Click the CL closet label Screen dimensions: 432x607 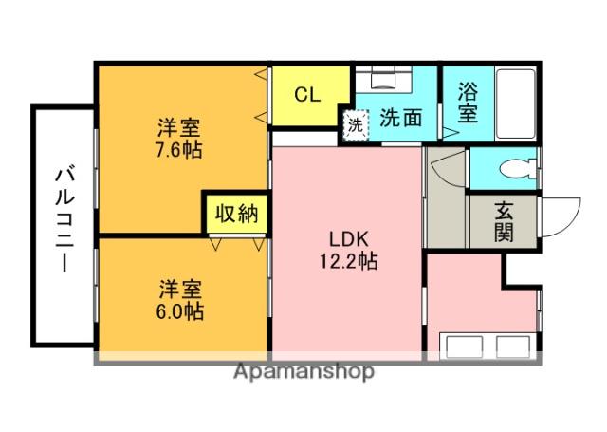click(306, 94)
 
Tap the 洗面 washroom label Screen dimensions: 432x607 click(400, 119)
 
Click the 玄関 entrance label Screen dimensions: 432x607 click(504, 220)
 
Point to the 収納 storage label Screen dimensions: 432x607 click(235, 214)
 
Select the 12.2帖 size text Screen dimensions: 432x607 click(348, 261)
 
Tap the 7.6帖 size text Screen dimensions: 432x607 click(178, 149)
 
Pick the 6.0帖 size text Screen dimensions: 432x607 click(179, 310)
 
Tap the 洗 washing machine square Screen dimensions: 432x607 click(355, 123)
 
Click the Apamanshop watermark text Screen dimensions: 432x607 click(303, 371)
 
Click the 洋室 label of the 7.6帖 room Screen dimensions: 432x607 click(178, 127)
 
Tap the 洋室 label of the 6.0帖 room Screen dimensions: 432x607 click(179, 288)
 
